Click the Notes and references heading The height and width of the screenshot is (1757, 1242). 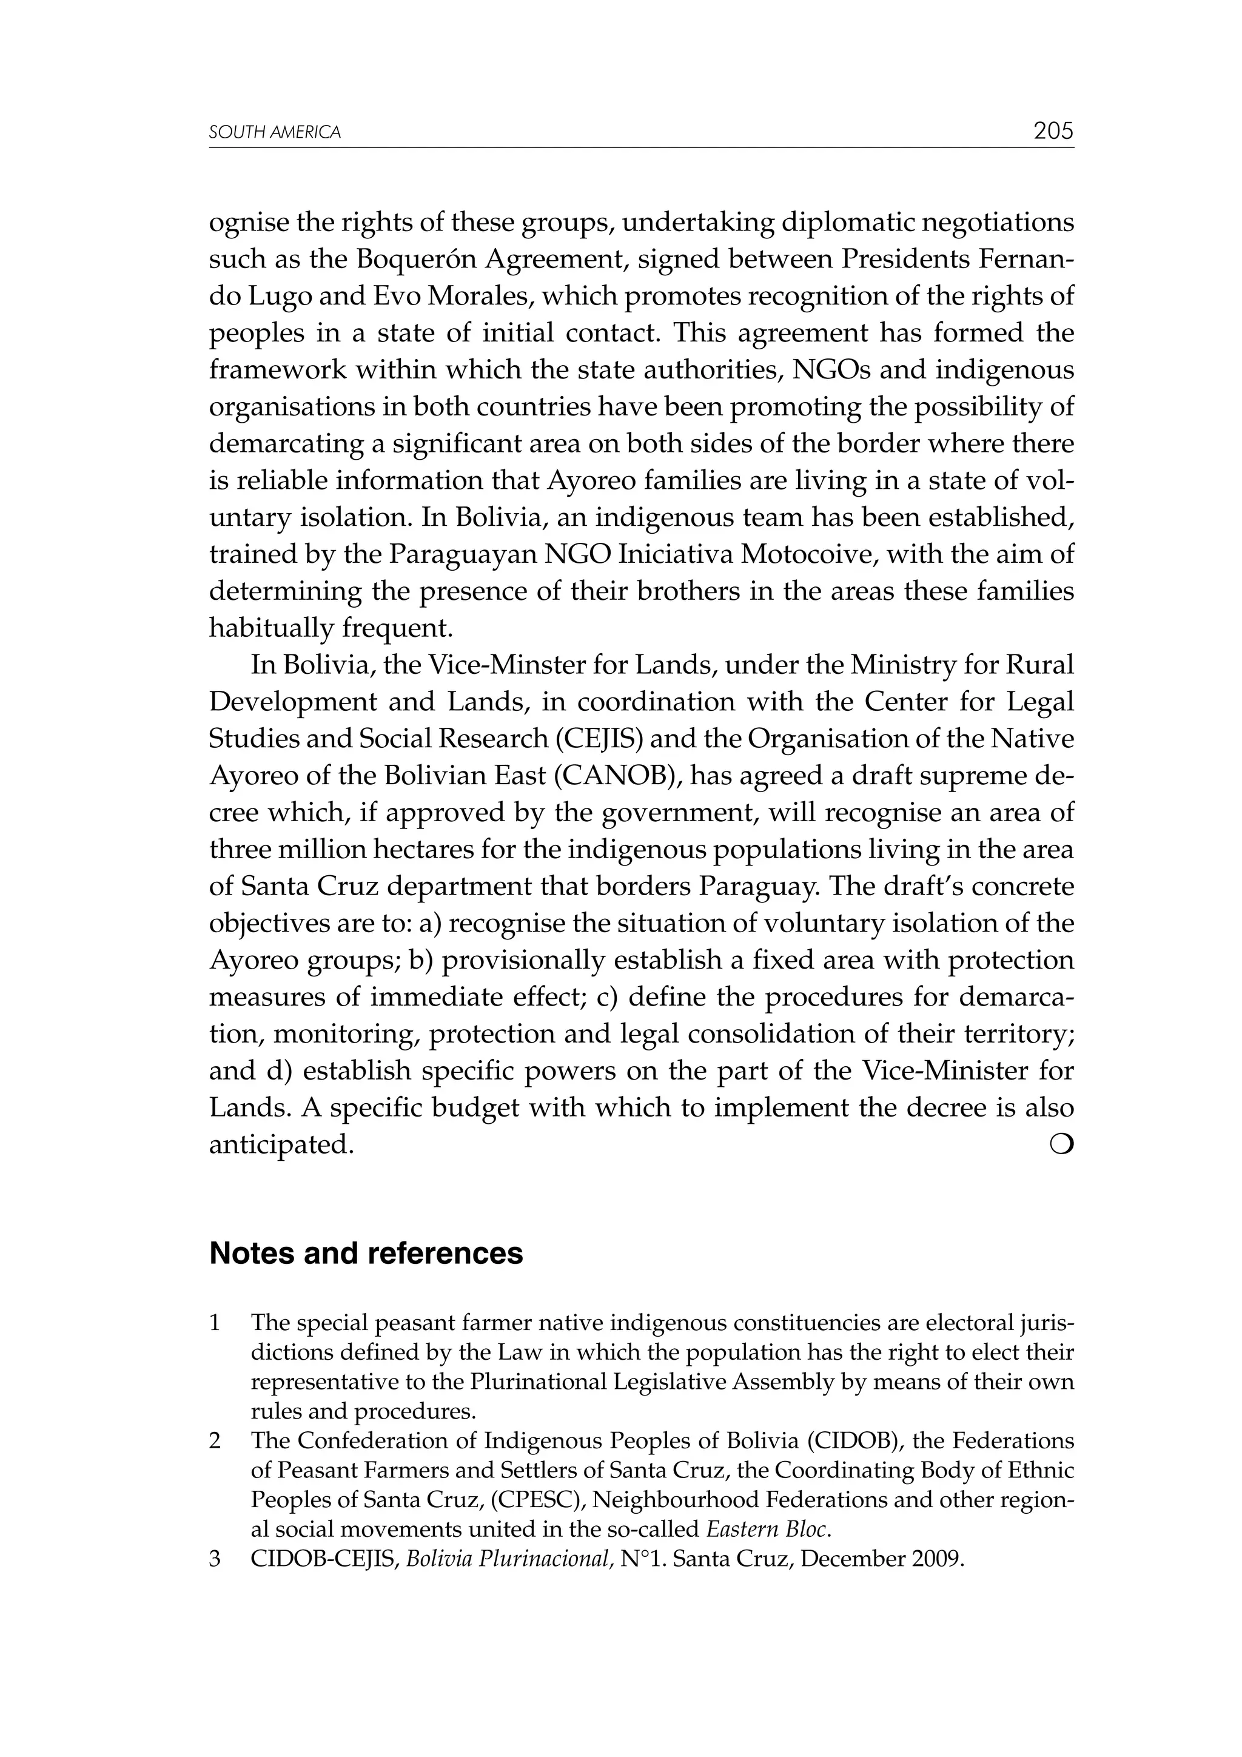366,1254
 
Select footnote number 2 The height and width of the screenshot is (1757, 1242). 215,1441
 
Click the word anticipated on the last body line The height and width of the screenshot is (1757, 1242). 281,1145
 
